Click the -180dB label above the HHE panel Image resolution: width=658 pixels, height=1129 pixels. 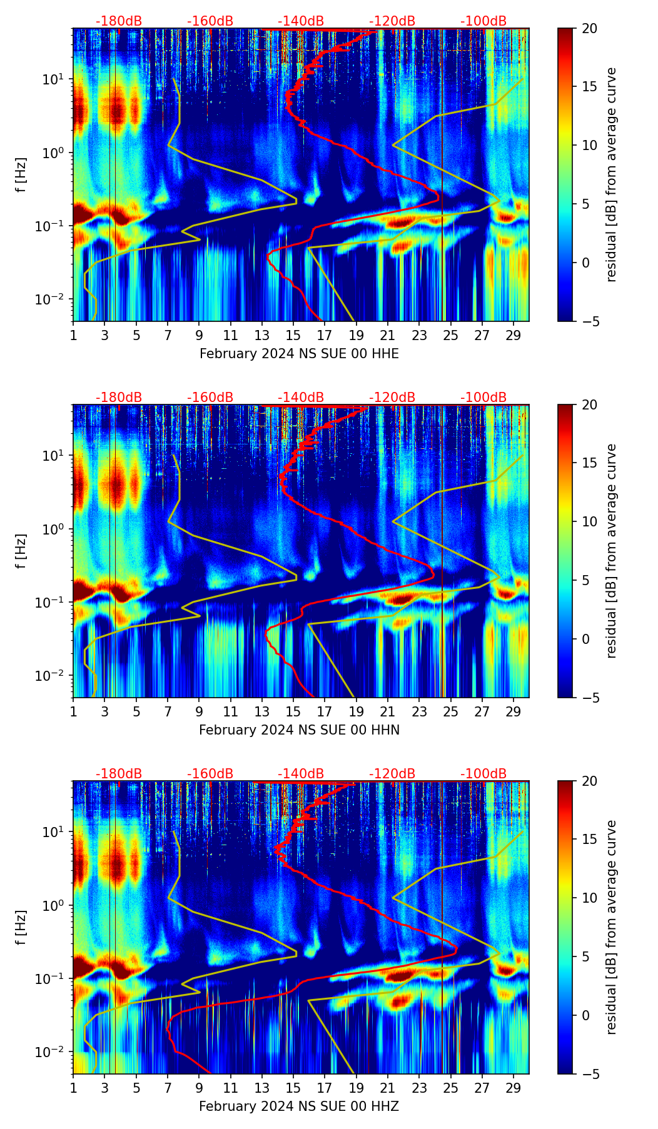[x=119, y=21]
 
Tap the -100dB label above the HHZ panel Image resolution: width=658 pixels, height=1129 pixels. [x=483, y=774]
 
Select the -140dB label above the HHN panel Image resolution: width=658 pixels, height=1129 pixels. [x=301, y=398]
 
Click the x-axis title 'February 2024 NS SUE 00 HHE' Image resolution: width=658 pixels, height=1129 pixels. [x=299, y=354]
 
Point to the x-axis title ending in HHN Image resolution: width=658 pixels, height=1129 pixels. [x=299, y=730]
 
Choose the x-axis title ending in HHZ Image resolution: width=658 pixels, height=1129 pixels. [x=299, y=1106]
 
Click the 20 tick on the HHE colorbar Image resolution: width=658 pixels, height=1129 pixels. [x=589, y=28]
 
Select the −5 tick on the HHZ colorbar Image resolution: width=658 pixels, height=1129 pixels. [x=589, y=1074]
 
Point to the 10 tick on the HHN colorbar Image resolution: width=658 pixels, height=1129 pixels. [x=589, y=521]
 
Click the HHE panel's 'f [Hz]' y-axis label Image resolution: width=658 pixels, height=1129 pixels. [x=21, y=175]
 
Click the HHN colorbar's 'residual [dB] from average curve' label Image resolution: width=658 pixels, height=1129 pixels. [x=612, y=551]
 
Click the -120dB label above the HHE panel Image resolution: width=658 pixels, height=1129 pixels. [x=392, y=21]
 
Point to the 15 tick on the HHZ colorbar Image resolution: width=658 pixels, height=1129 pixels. [x=589, y=840]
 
